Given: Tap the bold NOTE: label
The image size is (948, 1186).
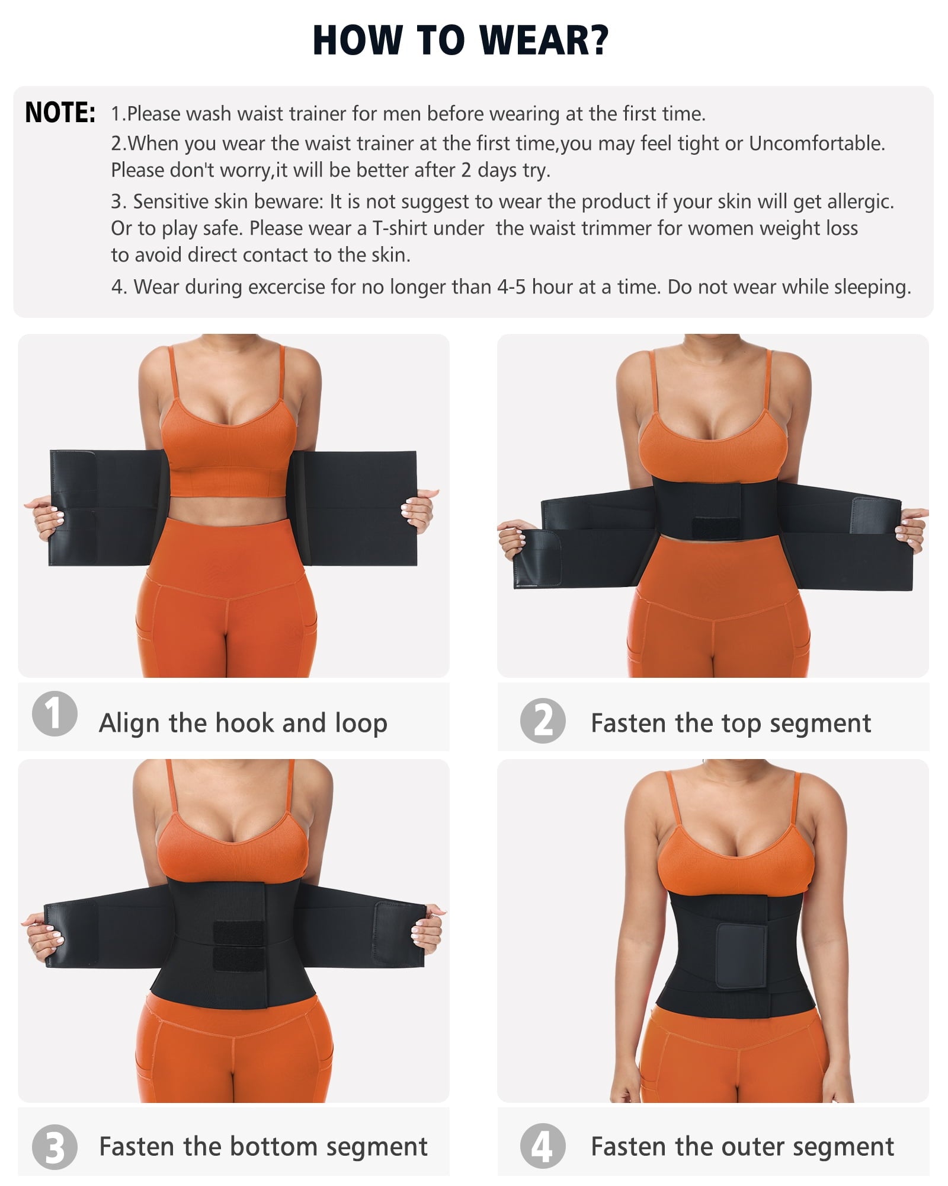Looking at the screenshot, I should click(x=60, y=113).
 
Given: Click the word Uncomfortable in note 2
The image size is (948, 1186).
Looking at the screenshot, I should click(x=816, y=144).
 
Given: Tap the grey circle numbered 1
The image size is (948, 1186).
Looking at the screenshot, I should click(x=55, y=713).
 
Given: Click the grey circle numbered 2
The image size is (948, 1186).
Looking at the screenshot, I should click(x=543, y=722).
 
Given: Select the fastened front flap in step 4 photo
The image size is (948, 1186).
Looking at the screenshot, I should click(x=740, y=955).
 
